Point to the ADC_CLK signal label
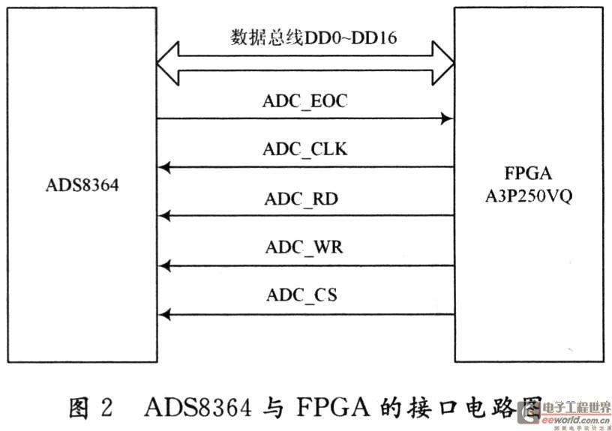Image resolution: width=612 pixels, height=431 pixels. click(304, 149)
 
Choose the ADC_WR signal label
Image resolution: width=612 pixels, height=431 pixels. click(304, 247)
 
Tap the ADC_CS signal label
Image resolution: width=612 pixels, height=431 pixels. click(301, 295)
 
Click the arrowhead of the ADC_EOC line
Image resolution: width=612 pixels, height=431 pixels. click(447, 119)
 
